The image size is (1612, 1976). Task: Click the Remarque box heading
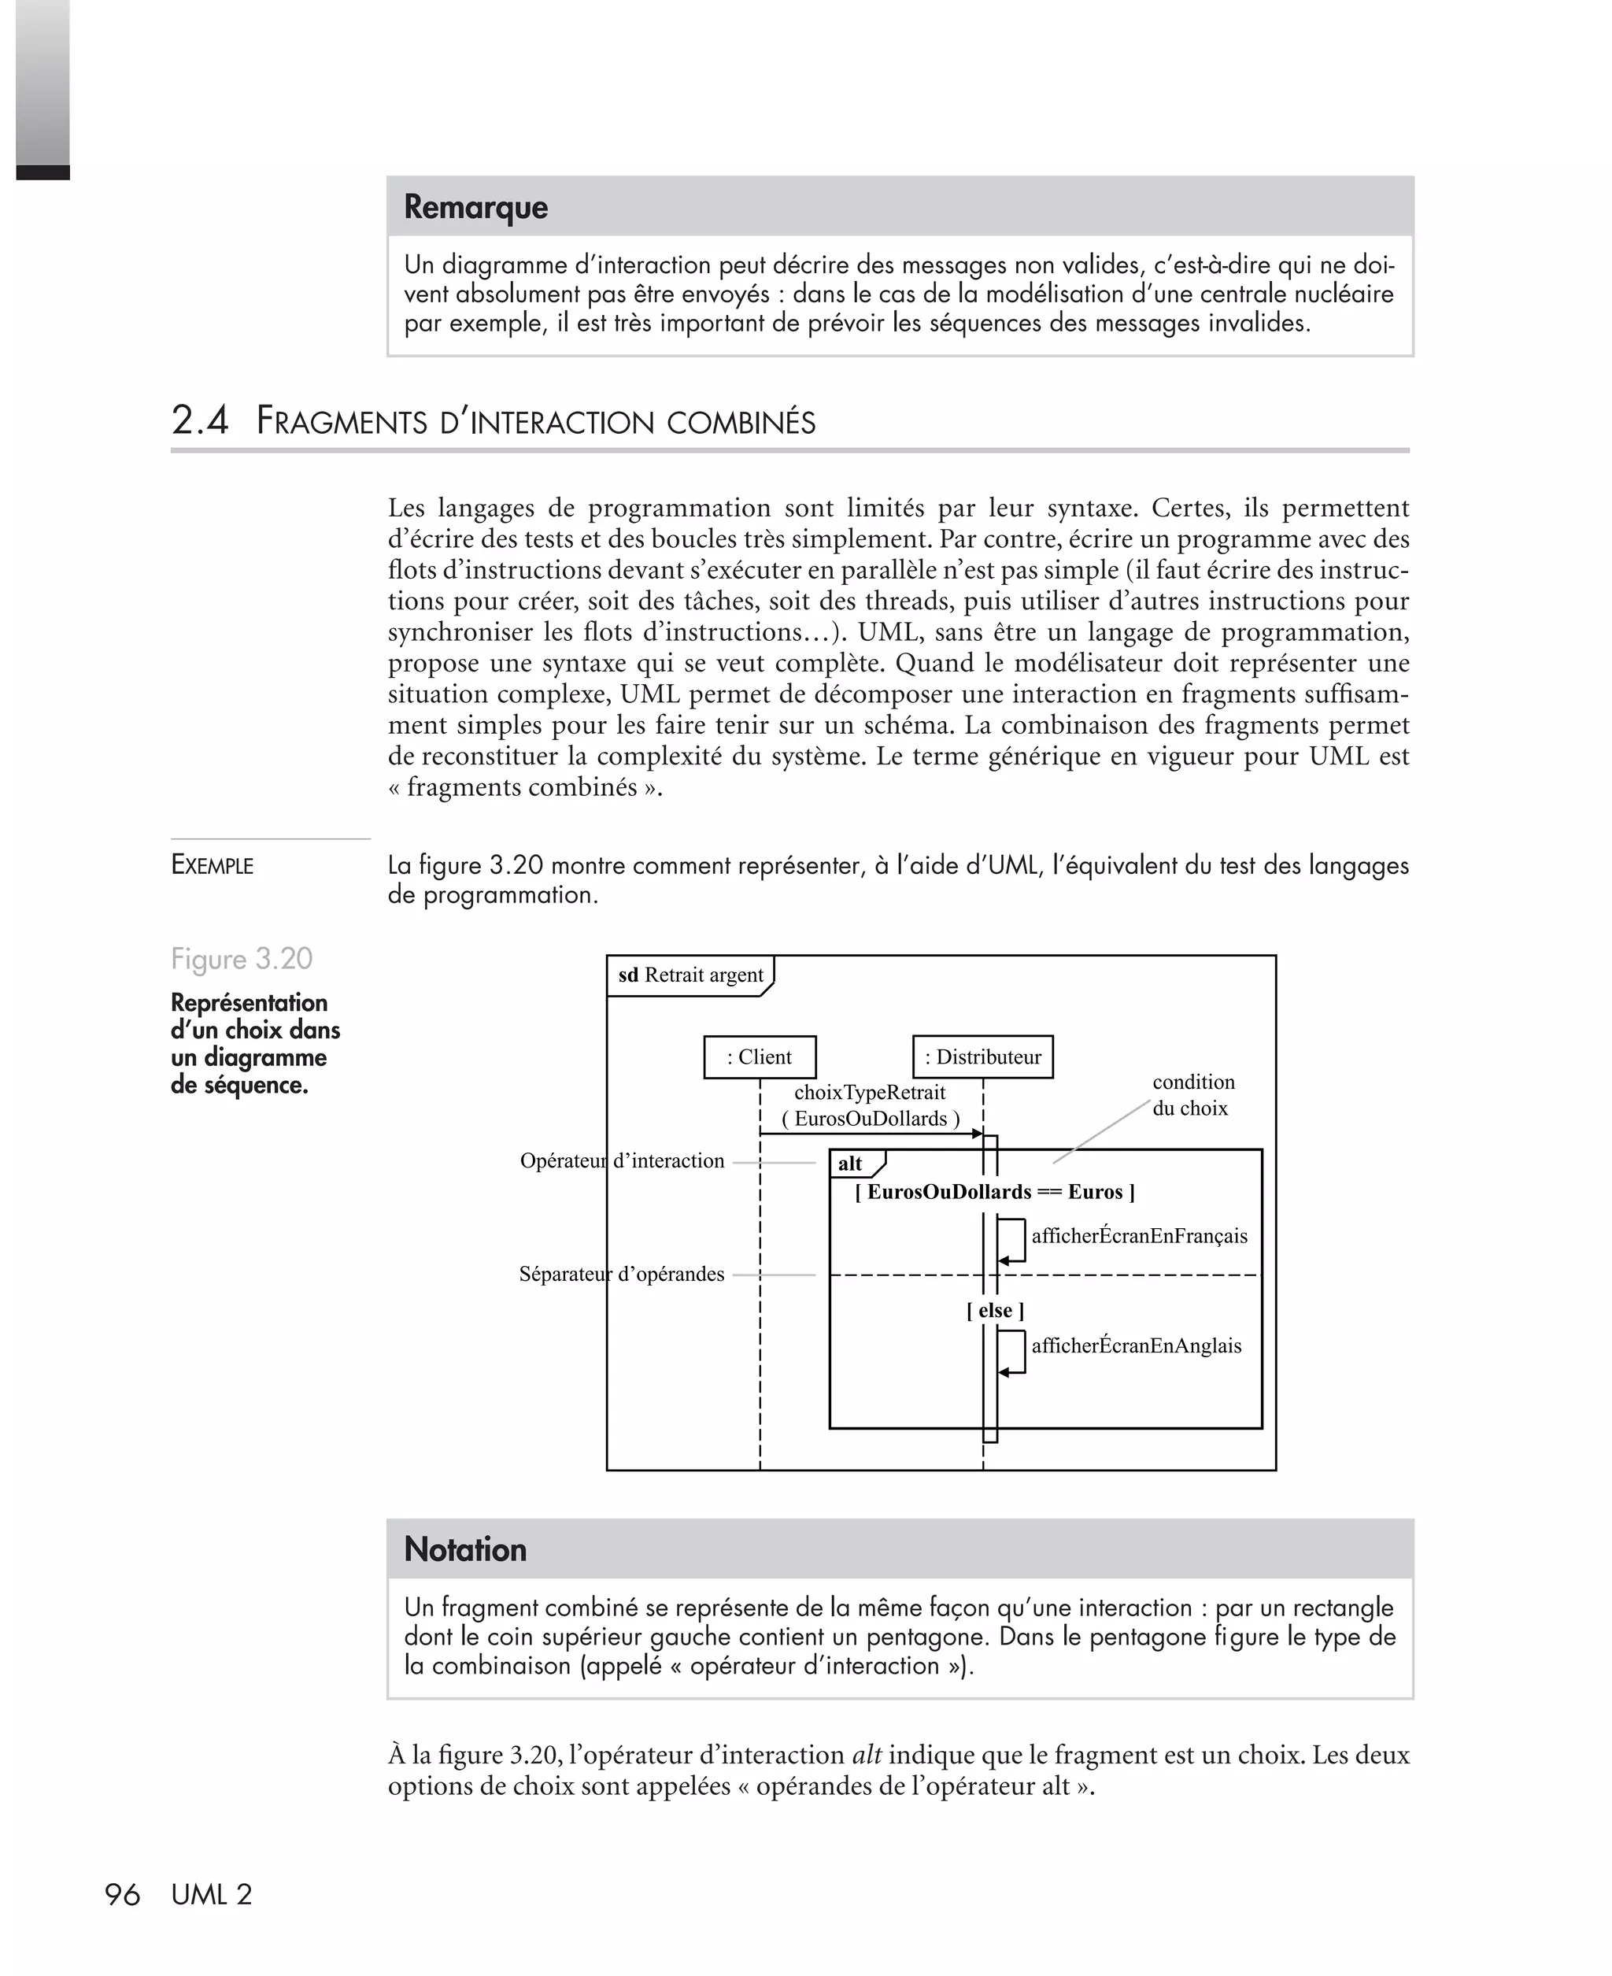475,207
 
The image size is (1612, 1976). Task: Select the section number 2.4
200,420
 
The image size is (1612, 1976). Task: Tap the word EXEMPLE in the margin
212,865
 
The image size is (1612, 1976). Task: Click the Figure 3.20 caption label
242,958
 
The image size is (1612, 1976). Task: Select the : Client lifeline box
760,1056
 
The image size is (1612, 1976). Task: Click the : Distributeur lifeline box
982,1056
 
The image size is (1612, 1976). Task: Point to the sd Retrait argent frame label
690,975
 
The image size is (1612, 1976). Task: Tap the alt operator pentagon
852,1164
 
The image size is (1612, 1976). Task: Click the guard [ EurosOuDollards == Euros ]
994,1192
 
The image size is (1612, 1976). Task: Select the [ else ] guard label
994,1310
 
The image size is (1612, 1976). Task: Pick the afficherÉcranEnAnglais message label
1136,1345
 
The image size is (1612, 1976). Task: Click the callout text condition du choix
1192,1095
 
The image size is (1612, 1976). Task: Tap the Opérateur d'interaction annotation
621,1160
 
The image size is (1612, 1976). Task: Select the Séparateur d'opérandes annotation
621,1274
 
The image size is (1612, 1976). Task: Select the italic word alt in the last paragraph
867,1756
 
